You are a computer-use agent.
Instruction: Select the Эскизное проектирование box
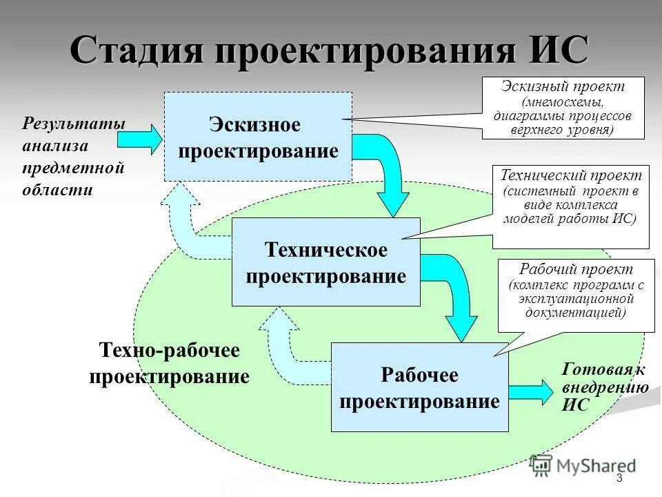pyautogui.click(x=258, y=137)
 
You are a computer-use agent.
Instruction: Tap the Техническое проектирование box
pyautogui.click(x=325, y=262)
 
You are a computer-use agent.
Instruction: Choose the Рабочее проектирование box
pyautogui.click(x=419, y=387)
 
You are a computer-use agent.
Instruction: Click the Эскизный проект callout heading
pyautogui.click(x=563, y=87)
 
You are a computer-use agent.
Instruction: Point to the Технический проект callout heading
pyautogui.click(x=571, y=176)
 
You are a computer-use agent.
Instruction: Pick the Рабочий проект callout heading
pyautogui.click(x=576, y=269)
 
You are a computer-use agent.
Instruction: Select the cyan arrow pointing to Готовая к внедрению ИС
pyautogui.click(x=531, y=391)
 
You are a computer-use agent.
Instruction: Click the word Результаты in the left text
pyautogui.click(x=74, y=124)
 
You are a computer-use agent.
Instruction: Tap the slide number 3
pyautogui.click(x=619, y=478)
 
